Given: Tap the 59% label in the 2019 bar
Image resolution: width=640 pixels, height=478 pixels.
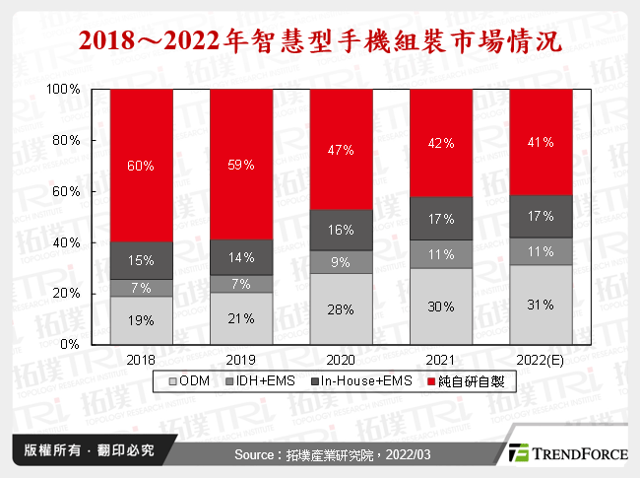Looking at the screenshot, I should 241,166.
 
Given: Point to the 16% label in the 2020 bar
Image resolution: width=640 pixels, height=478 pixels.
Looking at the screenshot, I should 342,230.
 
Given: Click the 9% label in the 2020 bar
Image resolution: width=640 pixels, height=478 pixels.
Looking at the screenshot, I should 342,262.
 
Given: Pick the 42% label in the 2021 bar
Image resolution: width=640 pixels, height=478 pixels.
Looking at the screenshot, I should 441,144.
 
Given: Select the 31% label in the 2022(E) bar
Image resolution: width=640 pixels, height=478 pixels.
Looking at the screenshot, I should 541,305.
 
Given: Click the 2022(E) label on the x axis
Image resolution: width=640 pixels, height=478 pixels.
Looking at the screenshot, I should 541,359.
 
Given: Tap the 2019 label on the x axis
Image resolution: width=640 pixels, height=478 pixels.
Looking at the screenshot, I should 241,359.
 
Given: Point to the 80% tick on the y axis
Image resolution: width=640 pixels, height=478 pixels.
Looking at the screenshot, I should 66,140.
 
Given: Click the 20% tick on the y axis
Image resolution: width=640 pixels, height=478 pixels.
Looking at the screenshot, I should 66,294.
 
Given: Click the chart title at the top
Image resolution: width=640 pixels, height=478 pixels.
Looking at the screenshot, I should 320,41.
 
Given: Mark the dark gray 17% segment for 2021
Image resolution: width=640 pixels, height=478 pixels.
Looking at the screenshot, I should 441,218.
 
